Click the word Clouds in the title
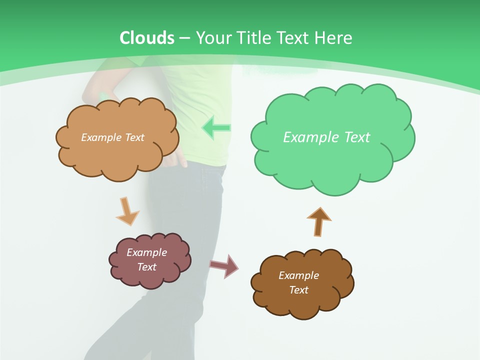click(147, 38)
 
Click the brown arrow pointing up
click(319, 220)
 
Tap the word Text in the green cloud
click(357, 137)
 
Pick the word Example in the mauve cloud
click(147, 252)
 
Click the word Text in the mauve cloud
click(147, 267)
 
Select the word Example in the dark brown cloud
click(299, 275)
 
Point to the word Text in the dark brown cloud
click(299, 290)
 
